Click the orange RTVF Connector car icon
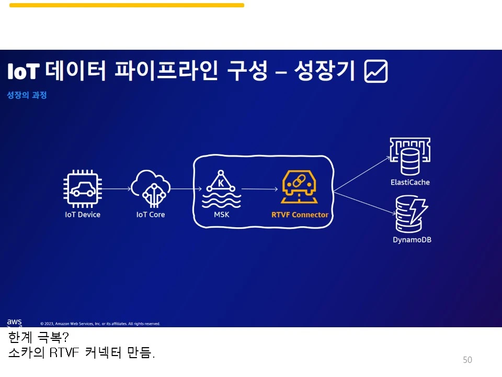(300, 187)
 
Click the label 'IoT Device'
(82, 215)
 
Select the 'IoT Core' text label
(150, 215)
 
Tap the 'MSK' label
(221, 215)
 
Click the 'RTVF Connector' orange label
(300, 215)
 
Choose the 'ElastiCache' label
(410, 183)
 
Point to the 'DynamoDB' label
(412, 240)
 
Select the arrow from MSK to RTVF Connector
(259, 188)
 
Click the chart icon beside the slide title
(376, 71)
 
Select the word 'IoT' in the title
(23, 72)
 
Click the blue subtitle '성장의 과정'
(27, 95)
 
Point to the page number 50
(467, 360)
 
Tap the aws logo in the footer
(15, 322)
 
